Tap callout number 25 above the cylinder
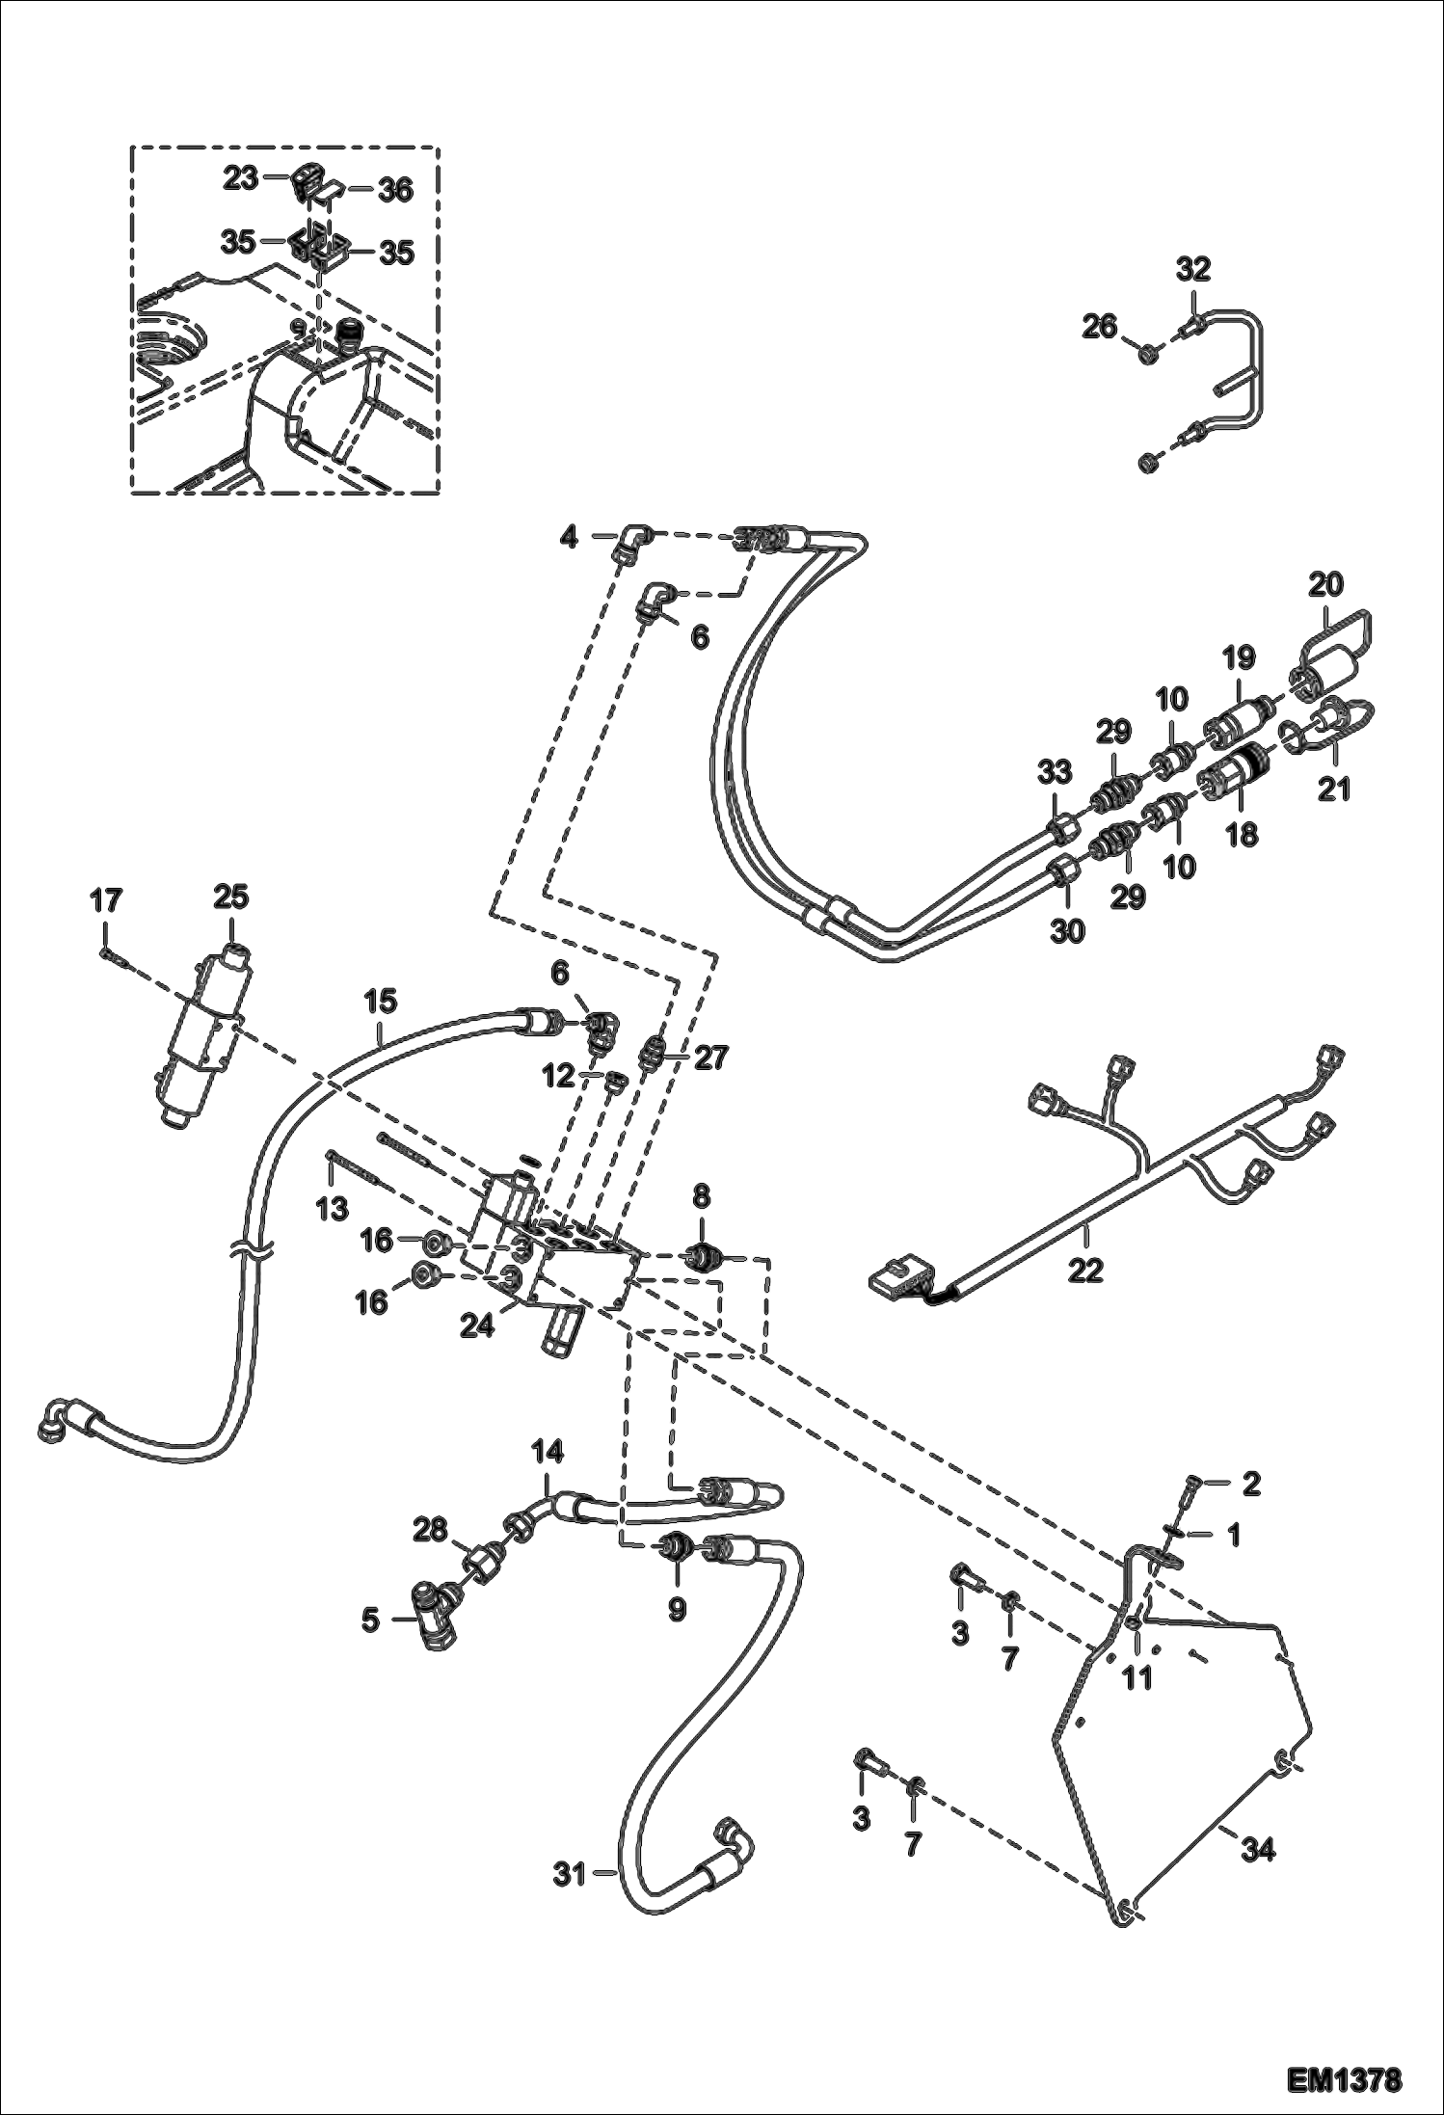click(x=232, y=897)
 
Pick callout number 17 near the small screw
click(x=106, y=901)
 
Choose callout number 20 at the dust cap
click(x=1326, y=583)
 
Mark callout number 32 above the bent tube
click(x=1193, y=269)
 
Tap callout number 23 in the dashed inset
click(x=241, y=177)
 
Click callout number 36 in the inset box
click(x=394, y=191)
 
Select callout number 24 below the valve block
click(x=476, y=1326)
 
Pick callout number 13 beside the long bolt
click(x=333, y=1207)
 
